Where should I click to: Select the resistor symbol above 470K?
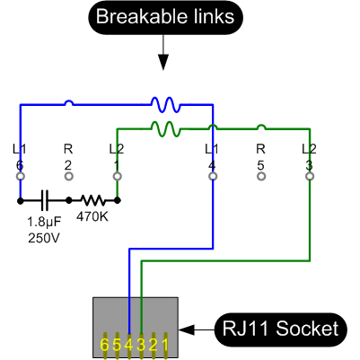(x=92, y=200)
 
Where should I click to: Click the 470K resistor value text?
(x=93, y=216)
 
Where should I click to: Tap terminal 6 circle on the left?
(x=20, y=177)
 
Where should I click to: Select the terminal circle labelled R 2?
(x=68, y=177)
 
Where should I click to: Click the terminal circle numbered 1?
(x=117, y=177)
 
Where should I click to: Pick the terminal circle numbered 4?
(x=212, y=177)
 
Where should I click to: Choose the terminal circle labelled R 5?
(x=260, y=177)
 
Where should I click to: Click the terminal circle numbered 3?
(x=309, y=177)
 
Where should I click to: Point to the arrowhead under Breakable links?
(x=163, y=62)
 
